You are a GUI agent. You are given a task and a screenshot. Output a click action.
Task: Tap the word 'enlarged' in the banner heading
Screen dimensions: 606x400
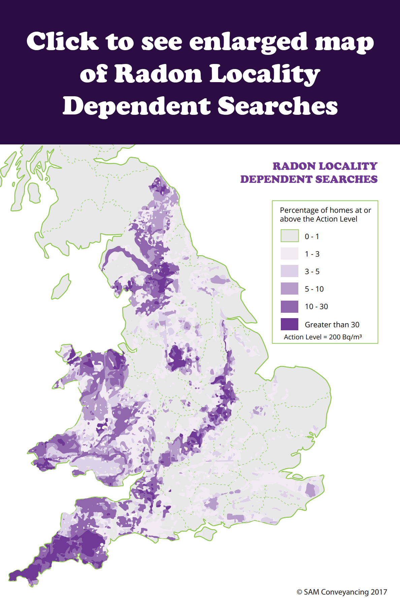(x=248, y=42)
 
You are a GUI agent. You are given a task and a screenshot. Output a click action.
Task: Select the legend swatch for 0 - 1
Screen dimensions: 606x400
(x=290, y=236)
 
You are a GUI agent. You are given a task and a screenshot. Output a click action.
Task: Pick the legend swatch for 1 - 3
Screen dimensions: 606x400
(x=290, y=254)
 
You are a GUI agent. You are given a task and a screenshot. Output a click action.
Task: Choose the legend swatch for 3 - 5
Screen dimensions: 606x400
(x=290, y=271)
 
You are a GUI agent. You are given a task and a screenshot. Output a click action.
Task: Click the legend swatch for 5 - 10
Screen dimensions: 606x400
(x=290, y=289)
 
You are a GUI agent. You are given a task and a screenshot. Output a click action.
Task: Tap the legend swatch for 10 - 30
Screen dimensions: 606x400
(x=290, y=306)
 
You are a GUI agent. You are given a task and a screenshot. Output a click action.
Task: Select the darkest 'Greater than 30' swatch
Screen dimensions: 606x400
(x=290, y=324)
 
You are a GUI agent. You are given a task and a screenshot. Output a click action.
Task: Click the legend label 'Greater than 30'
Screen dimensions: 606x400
(x=332, y=325)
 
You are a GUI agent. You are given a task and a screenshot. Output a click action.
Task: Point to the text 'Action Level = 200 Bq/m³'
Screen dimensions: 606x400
(x=323, y=337)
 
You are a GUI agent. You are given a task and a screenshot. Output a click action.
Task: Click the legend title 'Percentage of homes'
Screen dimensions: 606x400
(x=325, y=210)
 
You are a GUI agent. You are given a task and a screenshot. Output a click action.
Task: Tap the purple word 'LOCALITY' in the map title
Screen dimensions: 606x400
(x=348, y=166)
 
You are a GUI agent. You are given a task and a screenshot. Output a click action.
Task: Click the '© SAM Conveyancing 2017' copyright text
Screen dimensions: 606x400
(x=341, y=592)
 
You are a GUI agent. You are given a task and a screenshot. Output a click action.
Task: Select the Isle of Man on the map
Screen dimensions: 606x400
(x=61, y=287)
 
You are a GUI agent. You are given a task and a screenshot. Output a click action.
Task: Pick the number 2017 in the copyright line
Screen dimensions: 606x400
(x=379, y=592)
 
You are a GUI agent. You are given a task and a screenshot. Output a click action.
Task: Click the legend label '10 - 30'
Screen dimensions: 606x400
(x=316, y=307)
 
